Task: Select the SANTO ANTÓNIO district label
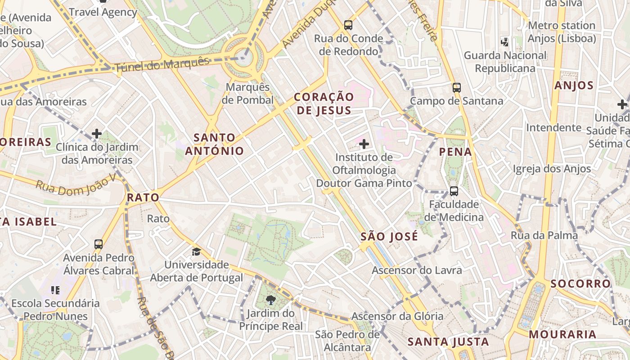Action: pyautogui.click(x=214, y=144)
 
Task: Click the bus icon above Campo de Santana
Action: pyautogui.click(x=457, y=87)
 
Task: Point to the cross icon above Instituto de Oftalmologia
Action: pyautogui.click(x=364, y=144)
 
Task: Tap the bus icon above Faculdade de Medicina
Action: pyautogui.click(x=454, y=191)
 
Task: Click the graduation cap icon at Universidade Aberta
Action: pyautogui.click(x=197, y=251)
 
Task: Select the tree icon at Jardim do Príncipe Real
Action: pyautogui.click(x=270, y=300)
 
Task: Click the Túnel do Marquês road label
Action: pyautogui.click(x=162, y=65)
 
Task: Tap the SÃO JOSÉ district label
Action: pyautogui.click(x=389, y=236)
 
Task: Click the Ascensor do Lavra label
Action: pyautogui.click(x=417, y=270)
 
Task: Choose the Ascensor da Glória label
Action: pyautogui.click(x=397, y=316)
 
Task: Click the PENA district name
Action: pyautogui.click(x=456, y=152)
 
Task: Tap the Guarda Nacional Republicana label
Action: pyautogui.click(x=505, y=62)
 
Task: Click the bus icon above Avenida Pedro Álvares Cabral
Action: pyautogui.click(x=99, y=244)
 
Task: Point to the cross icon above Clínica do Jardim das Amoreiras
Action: pyautogui.click(x=97, y=134)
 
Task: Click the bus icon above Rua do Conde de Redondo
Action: pyautogui.click(x=348, y=25)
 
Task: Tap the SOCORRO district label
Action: pyautogui.click(x=580, y=283)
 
